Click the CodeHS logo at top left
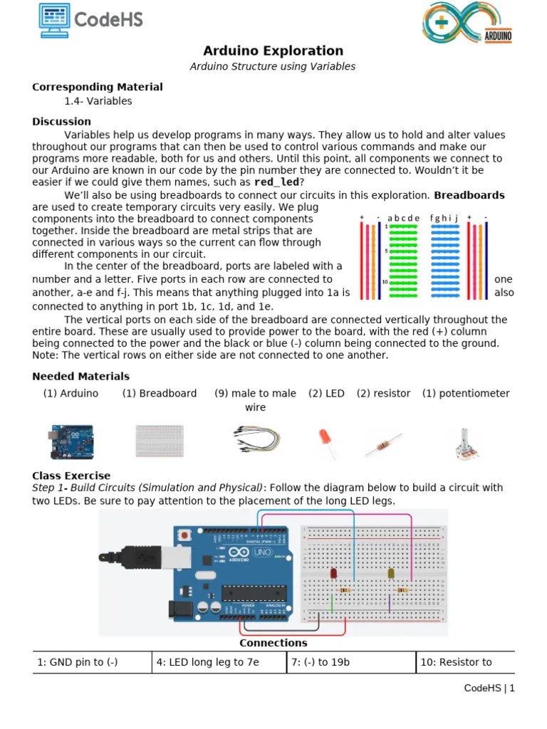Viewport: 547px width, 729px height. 90,20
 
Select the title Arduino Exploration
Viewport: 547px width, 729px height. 273,51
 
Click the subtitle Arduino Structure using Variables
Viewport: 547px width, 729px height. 273,66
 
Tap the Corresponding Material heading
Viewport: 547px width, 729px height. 98,87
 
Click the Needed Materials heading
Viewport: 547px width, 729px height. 80,376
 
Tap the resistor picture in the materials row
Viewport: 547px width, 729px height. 382,444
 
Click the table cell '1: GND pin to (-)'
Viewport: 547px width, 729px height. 92,662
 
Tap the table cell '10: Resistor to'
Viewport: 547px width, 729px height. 464,662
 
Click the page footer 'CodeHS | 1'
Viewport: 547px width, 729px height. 489,688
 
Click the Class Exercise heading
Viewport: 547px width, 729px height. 71,476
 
